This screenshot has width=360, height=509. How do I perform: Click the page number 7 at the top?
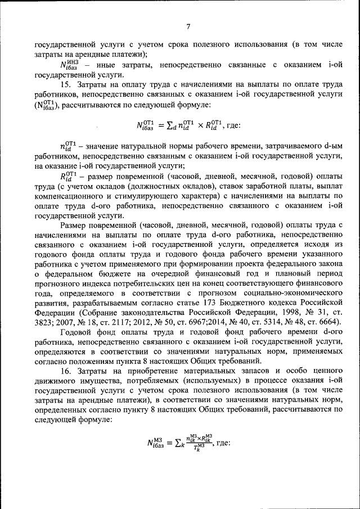point(188,26)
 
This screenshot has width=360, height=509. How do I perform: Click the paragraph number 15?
point(66,84)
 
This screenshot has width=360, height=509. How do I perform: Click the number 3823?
point(44,323)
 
